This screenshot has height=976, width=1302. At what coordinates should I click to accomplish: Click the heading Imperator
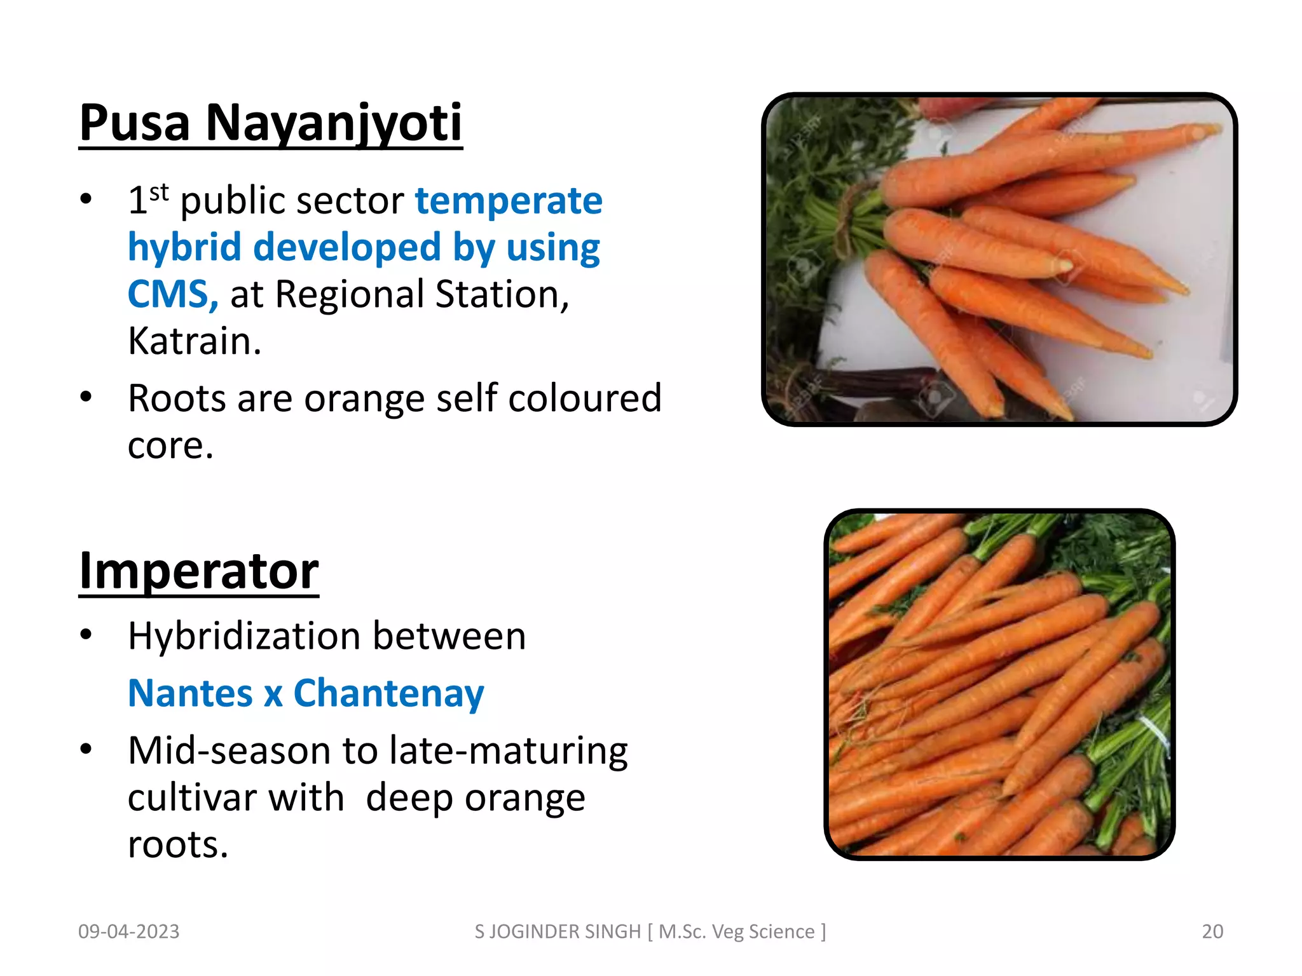point(198,571)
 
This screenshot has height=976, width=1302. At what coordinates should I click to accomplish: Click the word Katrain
point(194,341)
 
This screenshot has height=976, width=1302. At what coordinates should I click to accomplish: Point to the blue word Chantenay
point(388,693)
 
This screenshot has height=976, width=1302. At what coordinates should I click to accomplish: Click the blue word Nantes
point(190,693)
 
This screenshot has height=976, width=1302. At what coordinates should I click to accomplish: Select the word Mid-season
point(229,750)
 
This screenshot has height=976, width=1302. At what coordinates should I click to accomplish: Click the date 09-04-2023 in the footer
point(128,932)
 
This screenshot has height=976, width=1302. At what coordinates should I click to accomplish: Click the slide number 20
point(1212,932)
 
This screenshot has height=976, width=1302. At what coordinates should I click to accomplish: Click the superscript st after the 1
point(159,191)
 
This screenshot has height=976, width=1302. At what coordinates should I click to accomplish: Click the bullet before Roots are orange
point(86,397)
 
